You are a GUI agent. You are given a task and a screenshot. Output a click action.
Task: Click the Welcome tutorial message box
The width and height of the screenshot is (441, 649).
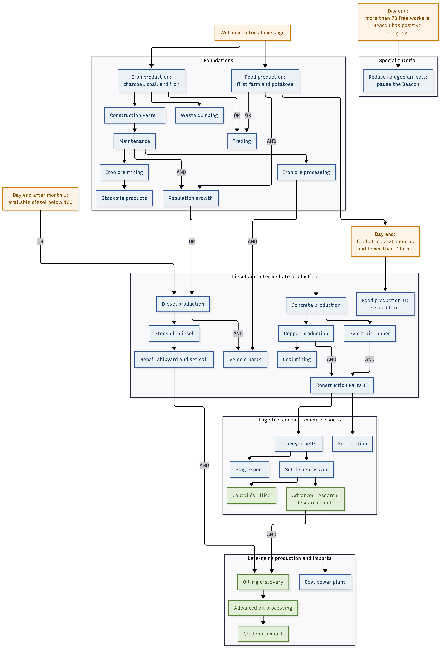coord(252,33)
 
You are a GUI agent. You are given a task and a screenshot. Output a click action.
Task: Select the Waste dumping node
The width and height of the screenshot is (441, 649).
coord(199,115)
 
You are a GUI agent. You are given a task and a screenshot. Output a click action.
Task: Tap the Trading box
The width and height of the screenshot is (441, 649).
coord(242,141)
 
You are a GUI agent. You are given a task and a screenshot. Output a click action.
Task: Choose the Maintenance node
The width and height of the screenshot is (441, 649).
coord(135,141)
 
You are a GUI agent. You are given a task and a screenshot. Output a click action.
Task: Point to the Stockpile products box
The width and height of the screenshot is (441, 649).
coord(124,198)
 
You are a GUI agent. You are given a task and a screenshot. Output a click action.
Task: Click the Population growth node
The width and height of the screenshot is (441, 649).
coord(191,198)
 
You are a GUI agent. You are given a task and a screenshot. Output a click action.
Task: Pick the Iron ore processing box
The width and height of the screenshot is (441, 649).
coord(306,172)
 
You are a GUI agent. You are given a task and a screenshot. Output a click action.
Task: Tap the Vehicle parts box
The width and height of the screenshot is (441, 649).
coord(245,359)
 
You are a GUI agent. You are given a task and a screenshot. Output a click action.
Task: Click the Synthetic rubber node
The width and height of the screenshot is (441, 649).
coord(370,333)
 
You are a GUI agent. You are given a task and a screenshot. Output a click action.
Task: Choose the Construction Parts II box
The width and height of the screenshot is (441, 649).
coord(342,385)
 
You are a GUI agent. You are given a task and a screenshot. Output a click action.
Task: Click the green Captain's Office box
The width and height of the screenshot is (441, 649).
coord(252,495)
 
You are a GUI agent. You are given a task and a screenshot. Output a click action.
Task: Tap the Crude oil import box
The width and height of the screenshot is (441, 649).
coord(263,634)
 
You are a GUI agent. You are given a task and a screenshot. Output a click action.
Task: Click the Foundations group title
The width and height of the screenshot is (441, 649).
coord(218,60)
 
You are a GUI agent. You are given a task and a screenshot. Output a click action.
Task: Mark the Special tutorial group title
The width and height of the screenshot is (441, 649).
coord(398,60)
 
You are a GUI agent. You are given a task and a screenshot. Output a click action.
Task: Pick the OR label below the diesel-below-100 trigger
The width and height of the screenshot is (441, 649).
coord(40,242)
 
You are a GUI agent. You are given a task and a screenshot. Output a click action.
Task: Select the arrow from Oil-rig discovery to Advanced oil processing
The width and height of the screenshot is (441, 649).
coord(263,594)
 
